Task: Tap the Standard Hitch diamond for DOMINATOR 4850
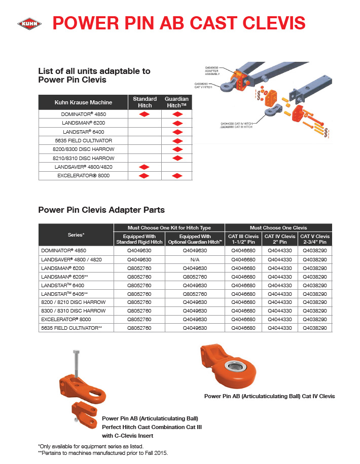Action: [x=145, y=115]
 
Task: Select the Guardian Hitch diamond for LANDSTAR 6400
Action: [x=177, y=132]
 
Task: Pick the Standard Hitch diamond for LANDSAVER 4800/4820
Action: [x=145, y=167]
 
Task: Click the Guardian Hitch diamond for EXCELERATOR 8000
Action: [x=177, y=175]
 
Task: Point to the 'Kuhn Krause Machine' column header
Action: [x=83, y=102]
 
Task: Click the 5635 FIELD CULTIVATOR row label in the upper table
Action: [x=83, y=140]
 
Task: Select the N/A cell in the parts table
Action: [x=195, y=259]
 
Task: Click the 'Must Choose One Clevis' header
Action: [x=278, y=227]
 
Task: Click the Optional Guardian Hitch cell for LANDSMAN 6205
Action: [x=195, y=277]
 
